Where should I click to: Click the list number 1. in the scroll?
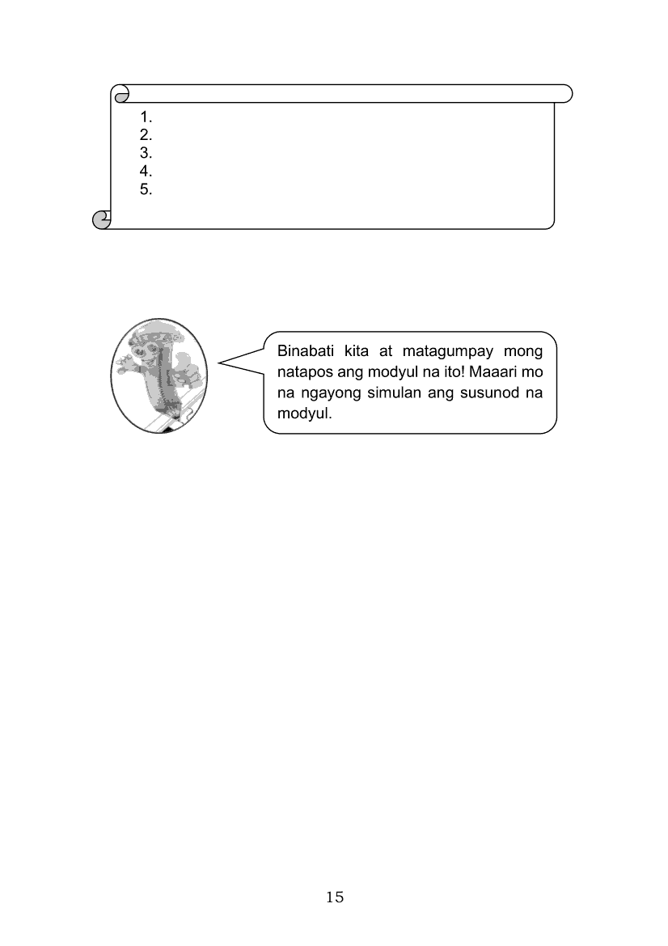[x=146, y=117]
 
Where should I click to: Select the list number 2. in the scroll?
[x=146, y=135]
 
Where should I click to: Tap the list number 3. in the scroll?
[x=146, y=153]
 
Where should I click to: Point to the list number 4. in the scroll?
[x=146, y=172]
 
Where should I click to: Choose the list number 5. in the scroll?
[x=146, y=190]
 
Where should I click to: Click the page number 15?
[x=335, y=897]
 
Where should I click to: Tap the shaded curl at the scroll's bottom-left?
[x=100, y=219]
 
